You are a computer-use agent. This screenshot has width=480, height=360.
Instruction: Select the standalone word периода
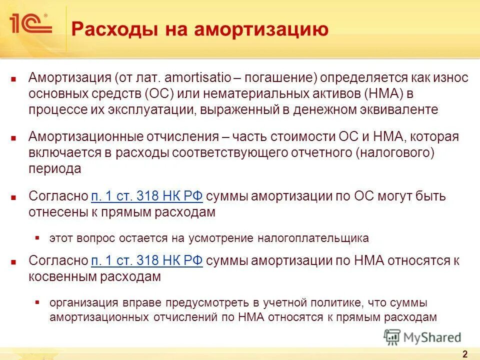point(55,169)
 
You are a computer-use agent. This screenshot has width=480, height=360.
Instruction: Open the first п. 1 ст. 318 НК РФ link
point(147,196)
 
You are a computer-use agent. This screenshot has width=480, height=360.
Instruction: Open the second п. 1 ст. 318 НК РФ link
point(147,260)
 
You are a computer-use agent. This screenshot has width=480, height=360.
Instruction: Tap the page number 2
point(464,354)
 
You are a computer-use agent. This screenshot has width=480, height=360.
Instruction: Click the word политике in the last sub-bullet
point(335,302)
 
